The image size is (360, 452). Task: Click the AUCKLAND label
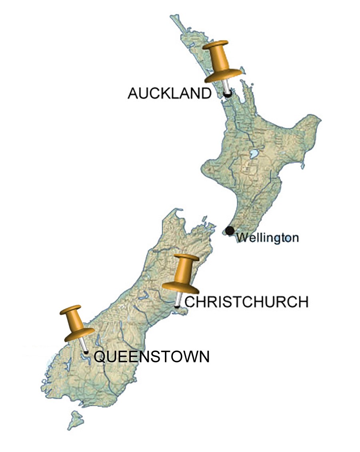click(169, 94)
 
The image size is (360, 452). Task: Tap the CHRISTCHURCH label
click(246, 302)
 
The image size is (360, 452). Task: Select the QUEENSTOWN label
click(152, 356)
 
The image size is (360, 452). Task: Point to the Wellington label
click(267, 238)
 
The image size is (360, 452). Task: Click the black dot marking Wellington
click(230, 230)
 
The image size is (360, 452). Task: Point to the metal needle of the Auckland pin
click(226, 86)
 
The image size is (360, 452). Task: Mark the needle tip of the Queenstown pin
click(86, 352)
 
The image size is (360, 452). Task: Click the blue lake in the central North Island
click(253, 154)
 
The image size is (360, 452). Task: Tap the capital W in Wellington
click(241, 238)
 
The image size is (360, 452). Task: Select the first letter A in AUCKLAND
click(133, 94)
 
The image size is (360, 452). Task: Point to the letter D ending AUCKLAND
click(206, 94)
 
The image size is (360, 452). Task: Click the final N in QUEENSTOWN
click(204, 356)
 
